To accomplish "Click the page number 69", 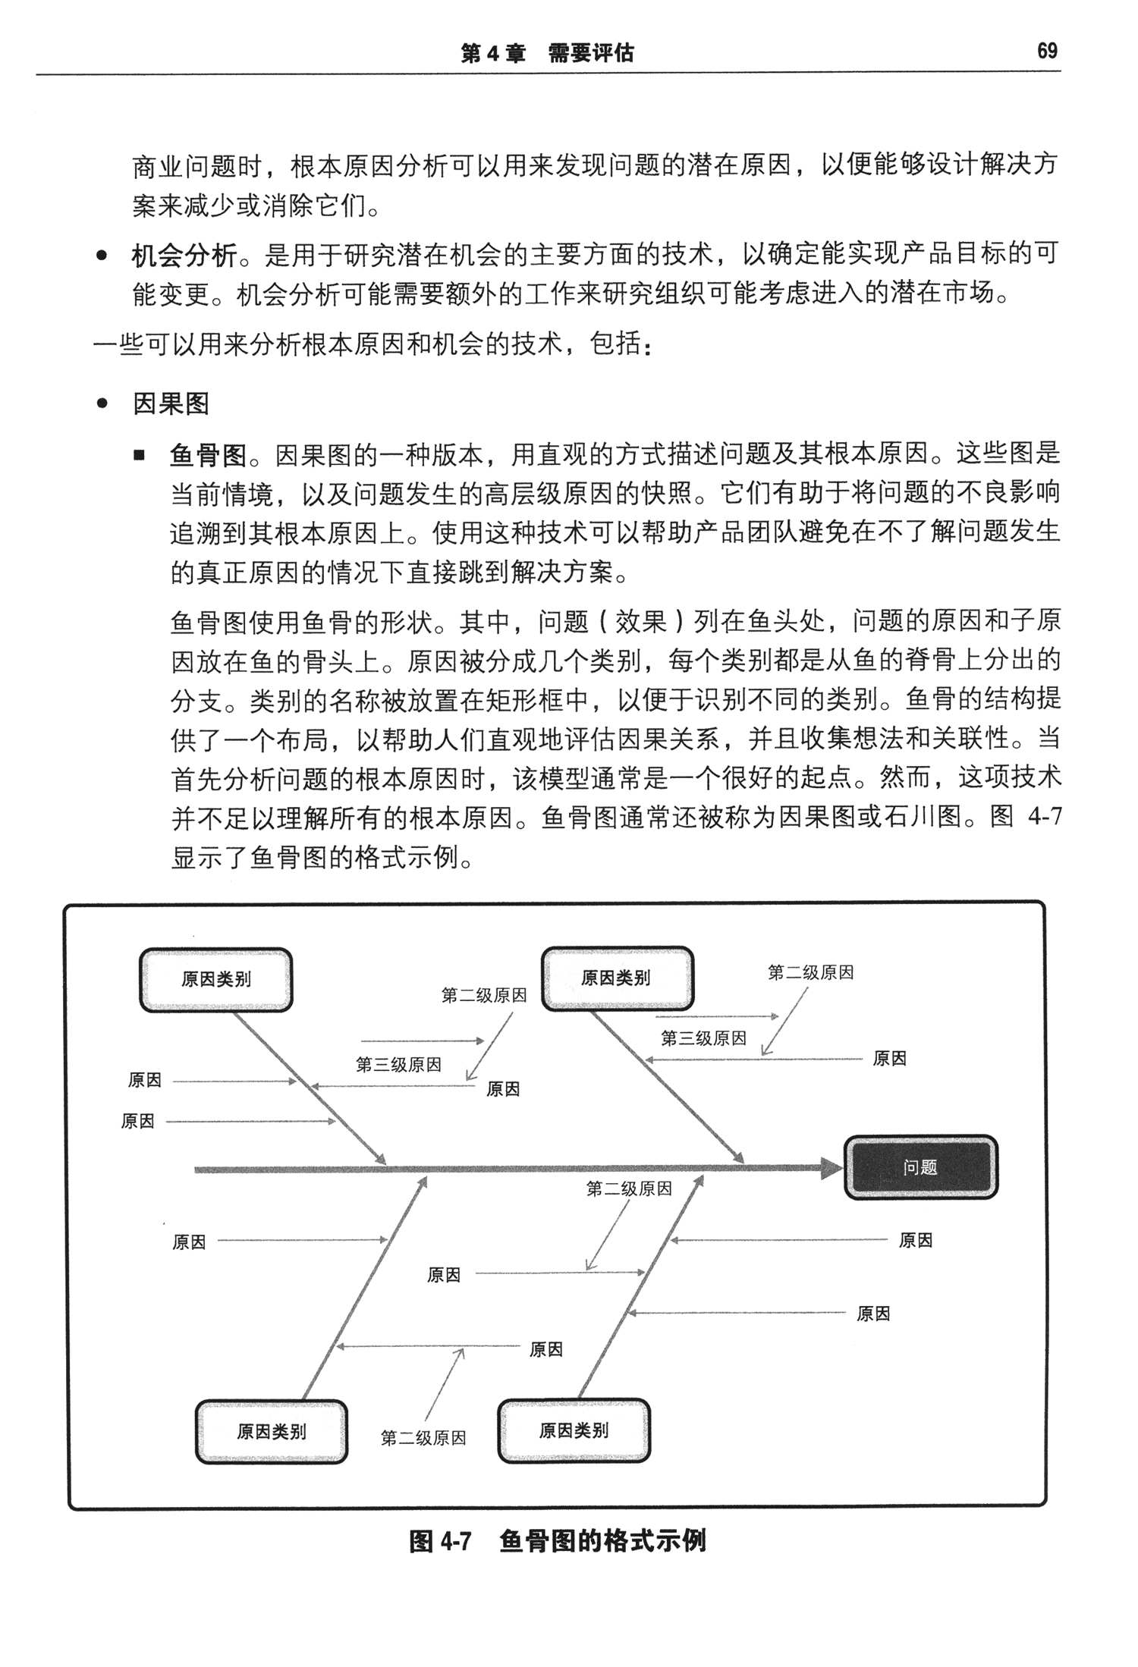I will pos(1047,51).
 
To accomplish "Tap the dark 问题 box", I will pos(920,1167).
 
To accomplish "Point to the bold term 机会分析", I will pos(184,256).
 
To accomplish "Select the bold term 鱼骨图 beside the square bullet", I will pos(209,455).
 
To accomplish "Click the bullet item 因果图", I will pos(171,403).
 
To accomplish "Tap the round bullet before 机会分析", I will pos(102,256).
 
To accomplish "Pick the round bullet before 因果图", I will pos(102,404).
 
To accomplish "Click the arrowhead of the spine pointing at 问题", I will pos(832,1169).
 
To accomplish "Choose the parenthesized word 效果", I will pos(641,622).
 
